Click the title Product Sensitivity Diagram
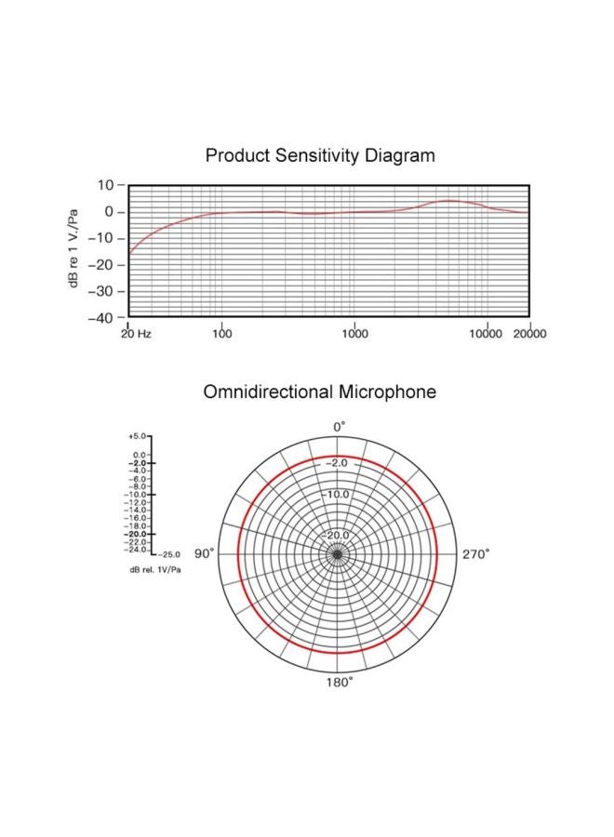tap(319, 155)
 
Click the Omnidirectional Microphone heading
tap(319, 392)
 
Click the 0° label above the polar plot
tap(340, 426)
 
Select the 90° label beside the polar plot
tap(204, 554)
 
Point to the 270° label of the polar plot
tap(475, 554)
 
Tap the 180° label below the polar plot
tap(339, 683)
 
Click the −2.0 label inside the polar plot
tap(336, 463)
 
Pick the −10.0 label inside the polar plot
tap(336, 494)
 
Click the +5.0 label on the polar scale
tap(137, 435)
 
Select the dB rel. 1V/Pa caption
tap(155, 569)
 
